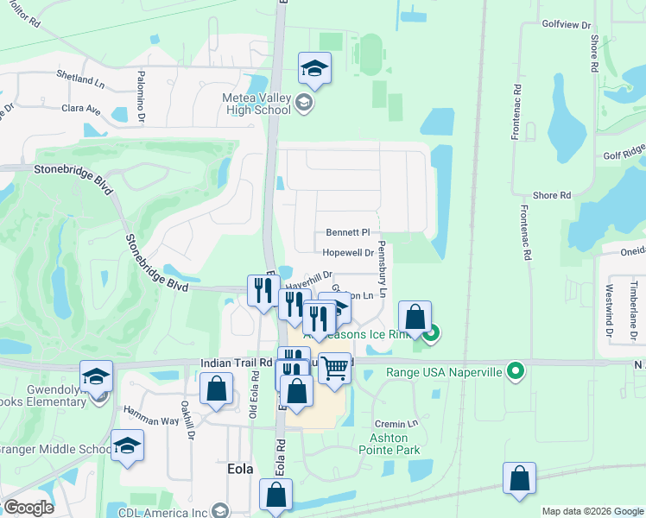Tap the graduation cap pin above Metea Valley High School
pos(314,69)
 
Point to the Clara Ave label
pos(81,110)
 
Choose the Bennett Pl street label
pos(347,232)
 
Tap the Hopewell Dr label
pos(347,253)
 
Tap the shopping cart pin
pos(335,369)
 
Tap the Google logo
pos(28,508)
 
